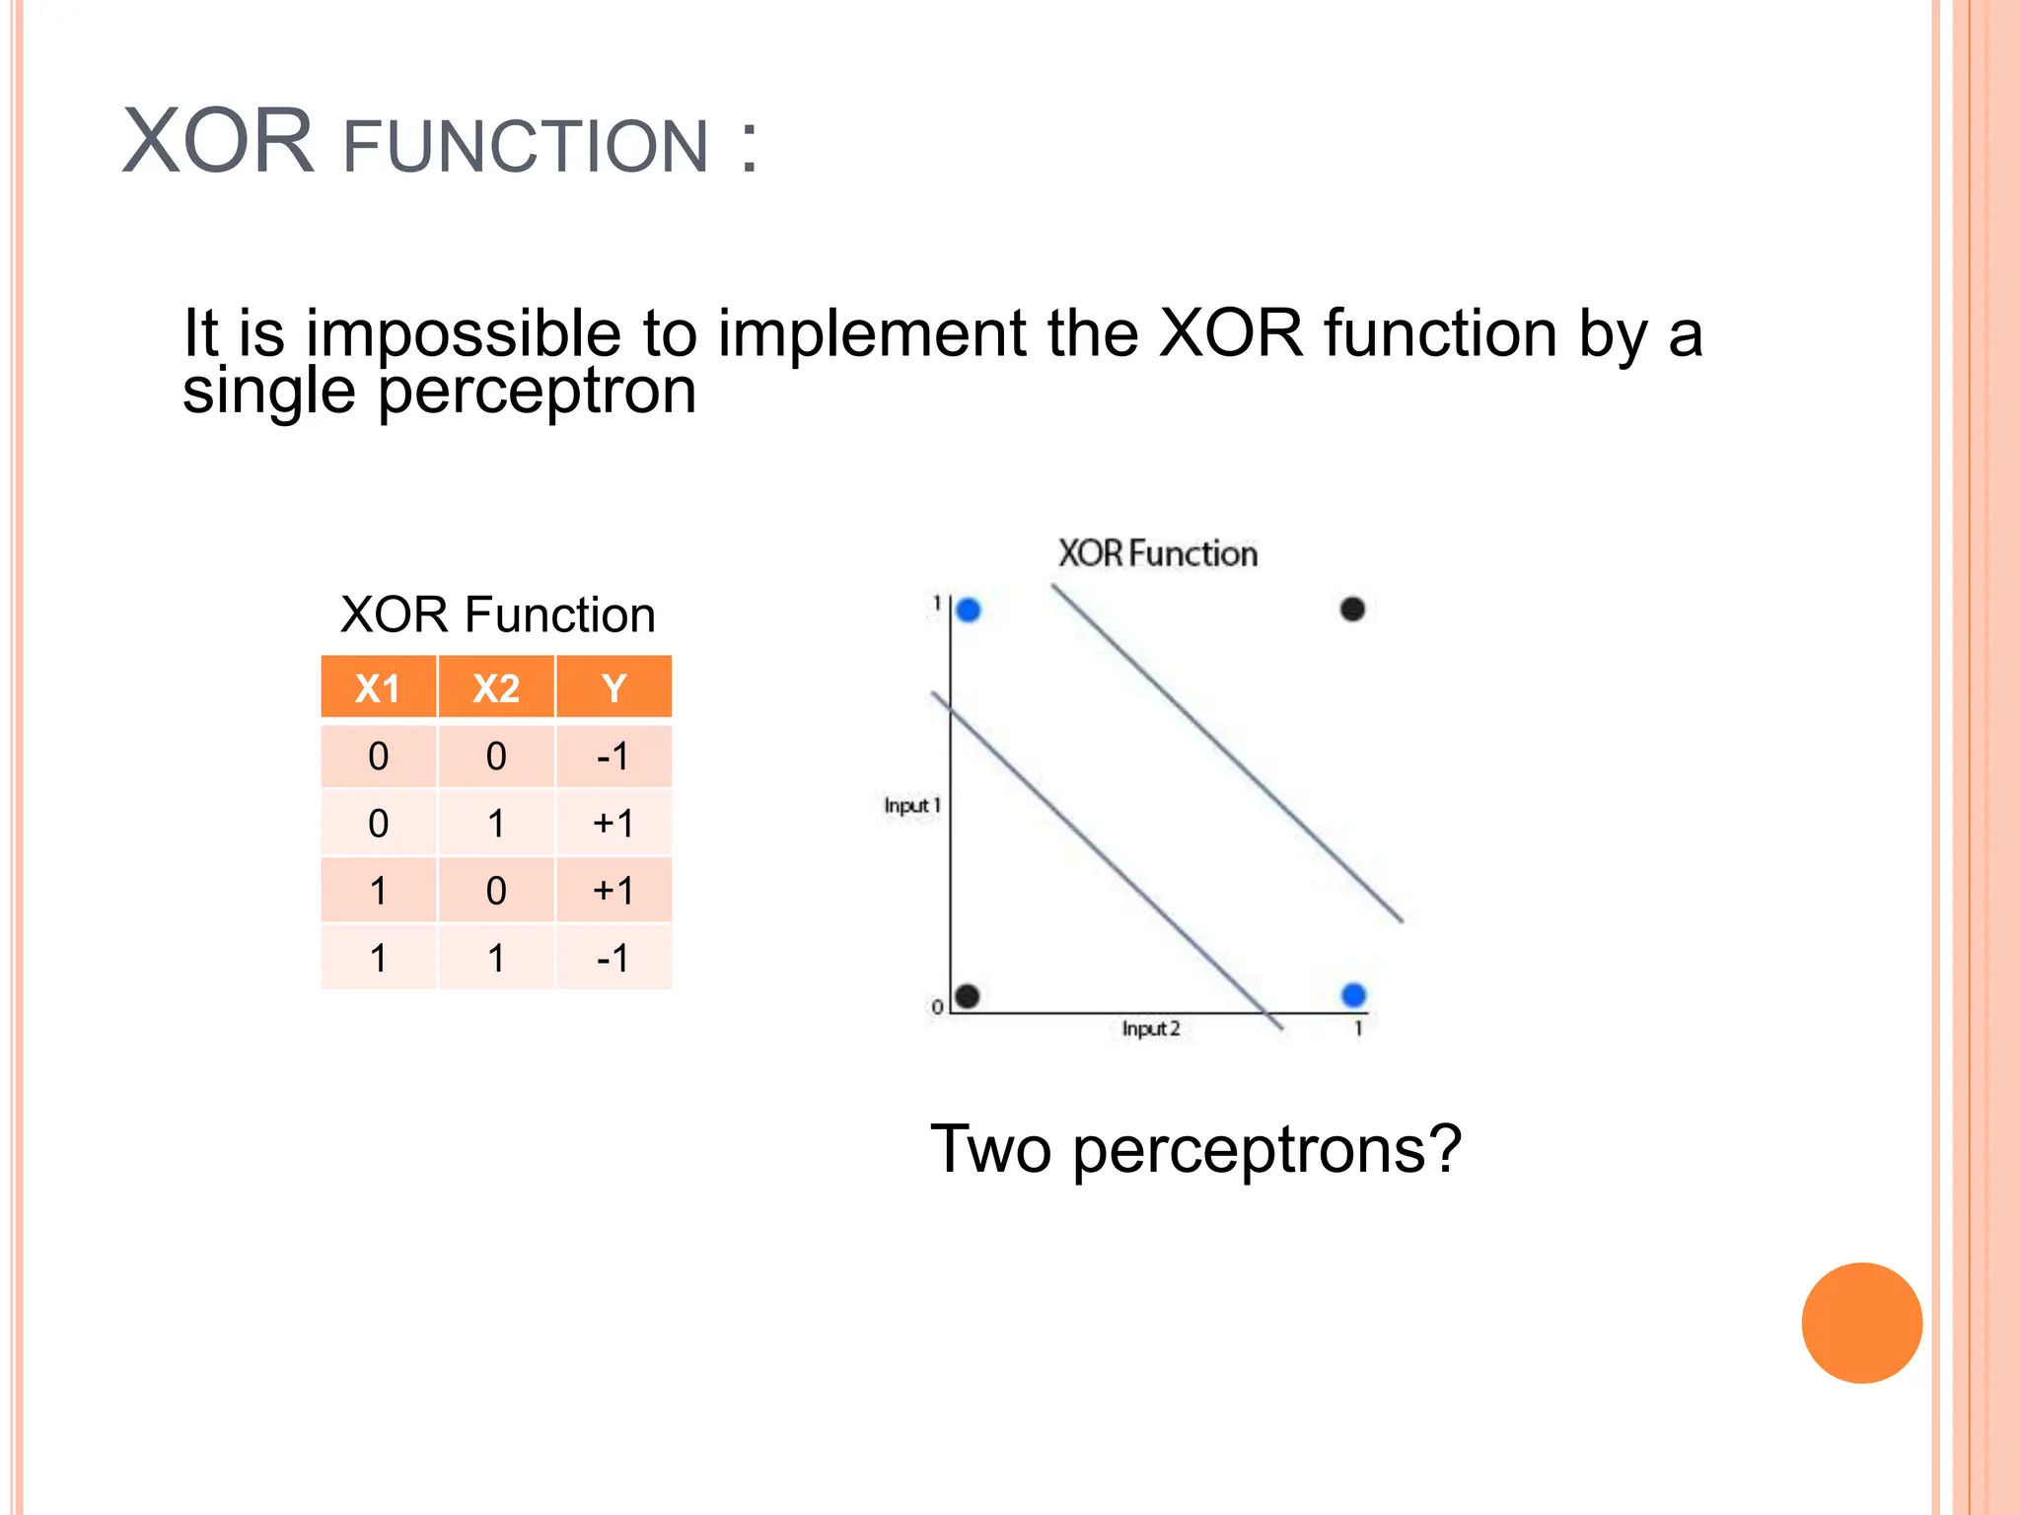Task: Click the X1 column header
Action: coord(378,687)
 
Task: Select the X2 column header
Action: coord(496,687)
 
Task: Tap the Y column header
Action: coord(613,687)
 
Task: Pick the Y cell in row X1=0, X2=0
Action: coord(613,757)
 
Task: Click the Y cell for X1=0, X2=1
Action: coord(613,824)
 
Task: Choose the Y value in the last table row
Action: coord(613,958)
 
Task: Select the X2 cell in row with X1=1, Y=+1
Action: coord(496,891)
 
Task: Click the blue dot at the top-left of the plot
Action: coord(969,611)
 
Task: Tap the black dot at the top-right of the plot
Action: coord(1352,610)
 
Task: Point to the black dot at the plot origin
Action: coord(968,996)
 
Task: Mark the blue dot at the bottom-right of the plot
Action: coord(1353,995)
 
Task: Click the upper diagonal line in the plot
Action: coord(1228,755)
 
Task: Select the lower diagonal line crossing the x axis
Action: coord(1105,858)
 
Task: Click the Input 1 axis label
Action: coord(911,806)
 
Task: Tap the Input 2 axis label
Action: coord(1150,1029)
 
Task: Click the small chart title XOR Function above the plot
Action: coord(1157,553)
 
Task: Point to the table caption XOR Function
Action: coord(497,614)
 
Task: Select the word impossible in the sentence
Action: coord(464,332)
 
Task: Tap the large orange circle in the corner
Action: coord(1861,1323)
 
